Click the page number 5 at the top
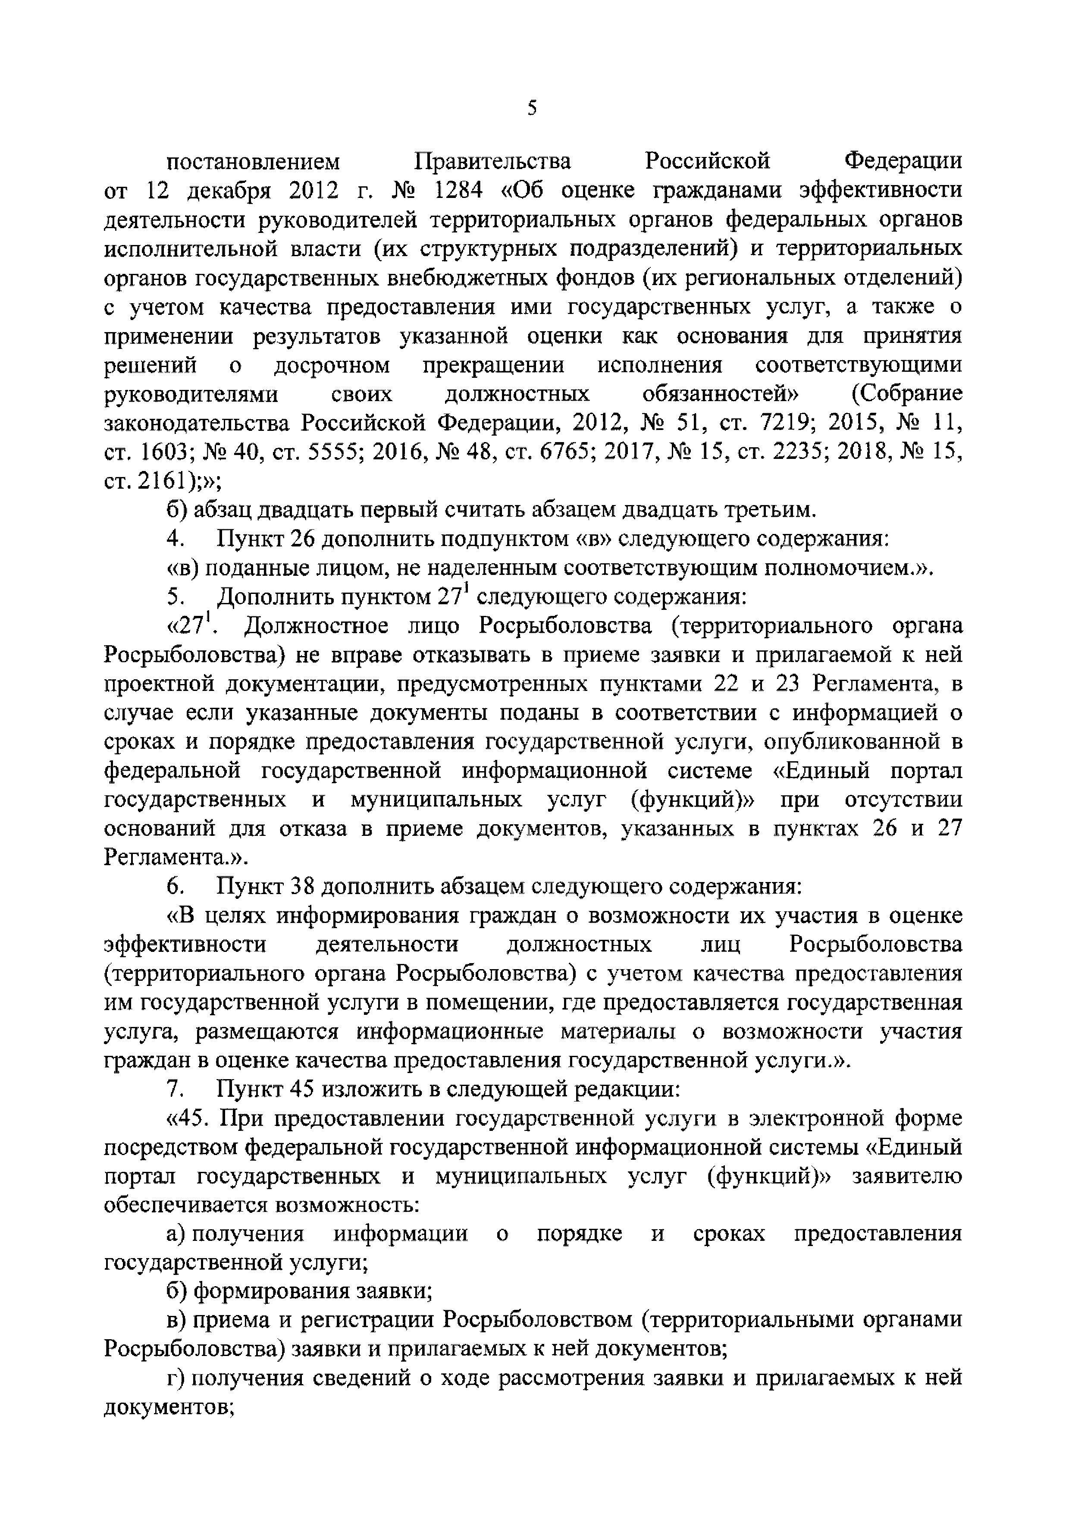[x=532, y=107]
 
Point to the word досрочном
[x=332, y=364]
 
